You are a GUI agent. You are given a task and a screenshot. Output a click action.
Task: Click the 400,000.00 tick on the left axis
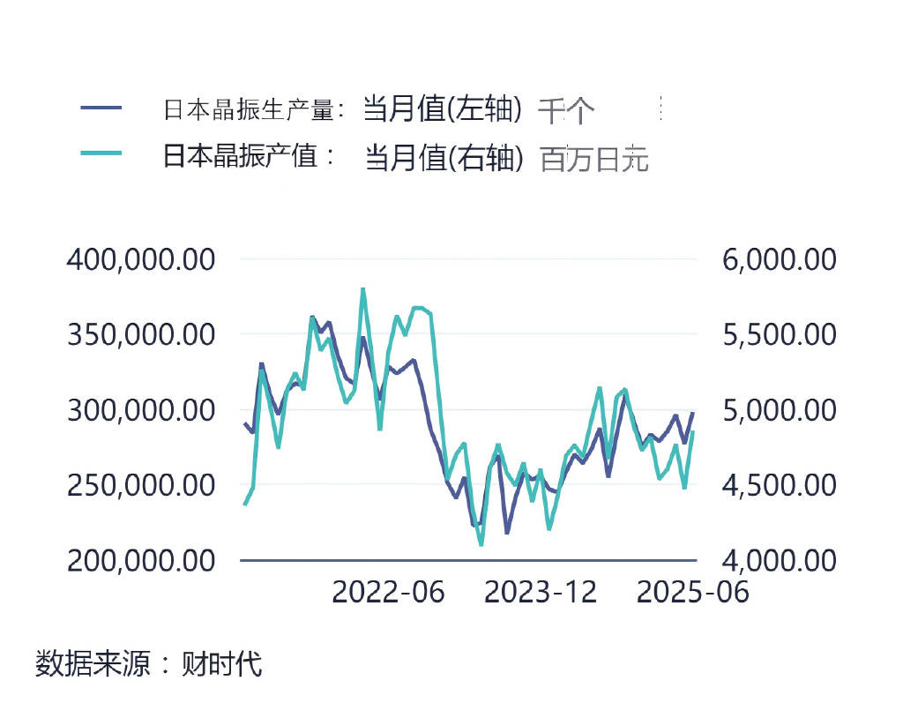click(x=141, y=260)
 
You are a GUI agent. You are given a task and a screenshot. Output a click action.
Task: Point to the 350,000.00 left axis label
click(x=141, y=335)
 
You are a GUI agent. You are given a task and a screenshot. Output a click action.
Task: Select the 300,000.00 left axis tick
click(x=141, y=410)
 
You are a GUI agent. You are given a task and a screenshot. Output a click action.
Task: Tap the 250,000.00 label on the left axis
click(x=141, y=485)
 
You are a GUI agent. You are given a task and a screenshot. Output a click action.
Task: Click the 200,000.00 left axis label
click(x=141, y=560)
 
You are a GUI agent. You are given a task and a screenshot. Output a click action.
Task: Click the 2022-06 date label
click(x=388, y=592)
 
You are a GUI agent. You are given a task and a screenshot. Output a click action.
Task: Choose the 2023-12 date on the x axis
click(x=541, y=592)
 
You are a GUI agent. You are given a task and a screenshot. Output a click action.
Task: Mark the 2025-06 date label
click(x=693, y=592)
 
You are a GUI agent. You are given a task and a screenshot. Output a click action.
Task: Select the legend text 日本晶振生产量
click(x=249, y=110)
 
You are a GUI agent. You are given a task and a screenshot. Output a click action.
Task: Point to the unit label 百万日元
click(x=594, y=160)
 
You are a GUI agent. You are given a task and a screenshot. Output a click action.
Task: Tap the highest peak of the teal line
click(x=362, y=289)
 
